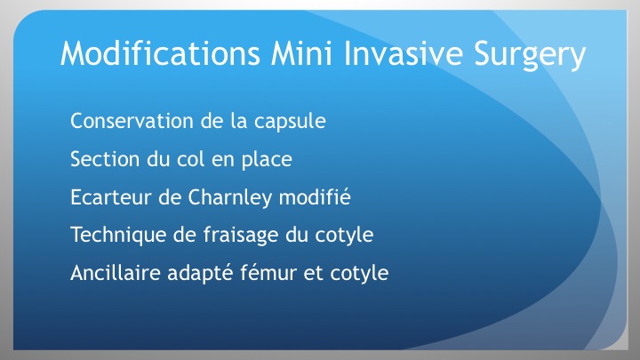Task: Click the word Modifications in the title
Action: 160,53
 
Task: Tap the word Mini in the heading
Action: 301,53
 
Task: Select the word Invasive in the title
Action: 404,53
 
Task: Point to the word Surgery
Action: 530,55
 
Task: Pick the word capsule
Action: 290,122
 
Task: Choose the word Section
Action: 105,159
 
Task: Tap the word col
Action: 190,158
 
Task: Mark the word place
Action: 267,160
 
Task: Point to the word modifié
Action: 315,196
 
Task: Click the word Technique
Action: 118,236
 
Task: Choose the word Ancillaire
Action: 115,273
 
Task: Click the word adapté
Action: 200,274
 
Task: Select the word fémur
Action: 268,272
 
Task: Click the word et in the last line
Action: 313,274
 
